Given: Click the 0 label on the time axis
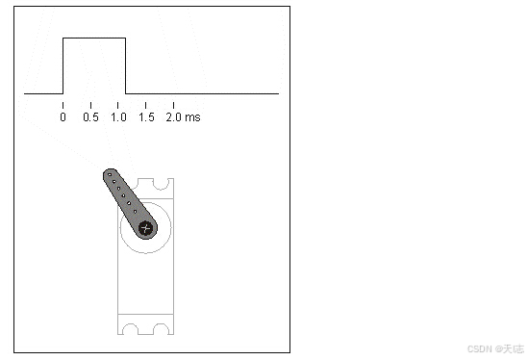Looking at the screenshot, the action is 63,117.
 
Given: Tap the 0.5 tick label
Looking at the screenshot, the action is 91,117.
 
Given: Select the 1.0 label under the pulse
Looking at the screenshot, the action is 118,117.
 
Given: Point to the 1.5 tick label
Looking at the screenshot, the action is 146,117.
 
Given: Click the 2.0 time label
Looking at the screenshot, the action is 174,117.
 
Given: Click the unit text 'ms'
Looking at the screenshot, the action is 193,117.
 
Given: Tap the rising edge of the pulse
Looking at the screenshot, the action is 63,65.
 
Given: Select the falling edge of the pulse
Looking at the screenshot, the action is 126,65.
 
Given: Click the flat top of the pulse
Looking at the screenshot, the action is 94,39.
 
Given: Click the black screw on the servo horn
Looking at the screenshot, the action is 146,228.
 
